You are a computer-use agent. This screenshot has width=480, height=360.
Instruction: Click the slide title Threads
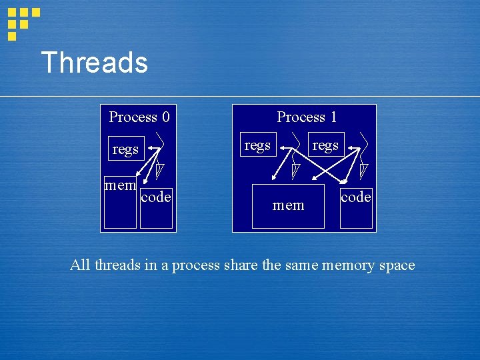(94, 63)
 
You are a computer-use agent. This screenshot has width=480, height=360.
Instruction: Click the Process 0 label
(139, 117)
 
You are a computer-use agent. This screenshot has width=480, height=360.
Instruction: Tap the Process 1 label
(307, 117)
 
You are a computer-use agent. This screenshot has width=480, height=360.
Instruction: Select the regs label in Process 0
(125, 149)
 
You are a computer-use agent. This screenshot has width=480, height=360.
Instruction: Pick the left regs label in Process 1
(257, 145)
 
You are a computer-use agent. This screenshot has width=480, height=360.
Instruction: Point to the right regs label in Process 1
(325, 145)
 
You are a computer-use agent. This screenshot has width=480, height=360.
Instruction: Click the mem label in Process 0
(121, 185)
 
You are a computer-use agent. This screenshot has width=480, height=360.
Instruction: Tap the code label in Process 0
(156, 197)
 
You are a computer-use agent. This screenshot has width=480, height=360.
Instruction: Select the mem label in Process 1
(289, 205)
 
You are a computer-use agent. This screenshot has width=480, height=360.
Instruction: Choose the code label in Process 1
(356, 197)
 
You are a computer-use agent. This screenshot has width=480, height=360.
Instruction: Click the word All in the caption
(80, 265)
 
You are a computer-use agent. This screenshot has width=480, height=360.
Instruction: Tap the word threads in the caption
(117, 265)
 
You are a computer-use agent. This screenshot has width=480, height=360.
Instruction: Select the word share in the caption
(241, 265)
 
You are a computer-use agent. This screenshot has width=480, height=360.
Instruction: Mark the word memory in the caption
(348, 265)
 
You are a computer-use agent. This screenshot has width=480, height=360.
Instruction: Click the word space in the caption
(397, 265)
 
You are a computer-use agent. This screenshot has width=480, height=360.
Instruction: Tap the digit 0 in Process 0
(165, 117)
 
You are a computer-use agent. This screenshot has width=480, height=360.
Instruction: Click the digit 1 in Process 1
(333, 117)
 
